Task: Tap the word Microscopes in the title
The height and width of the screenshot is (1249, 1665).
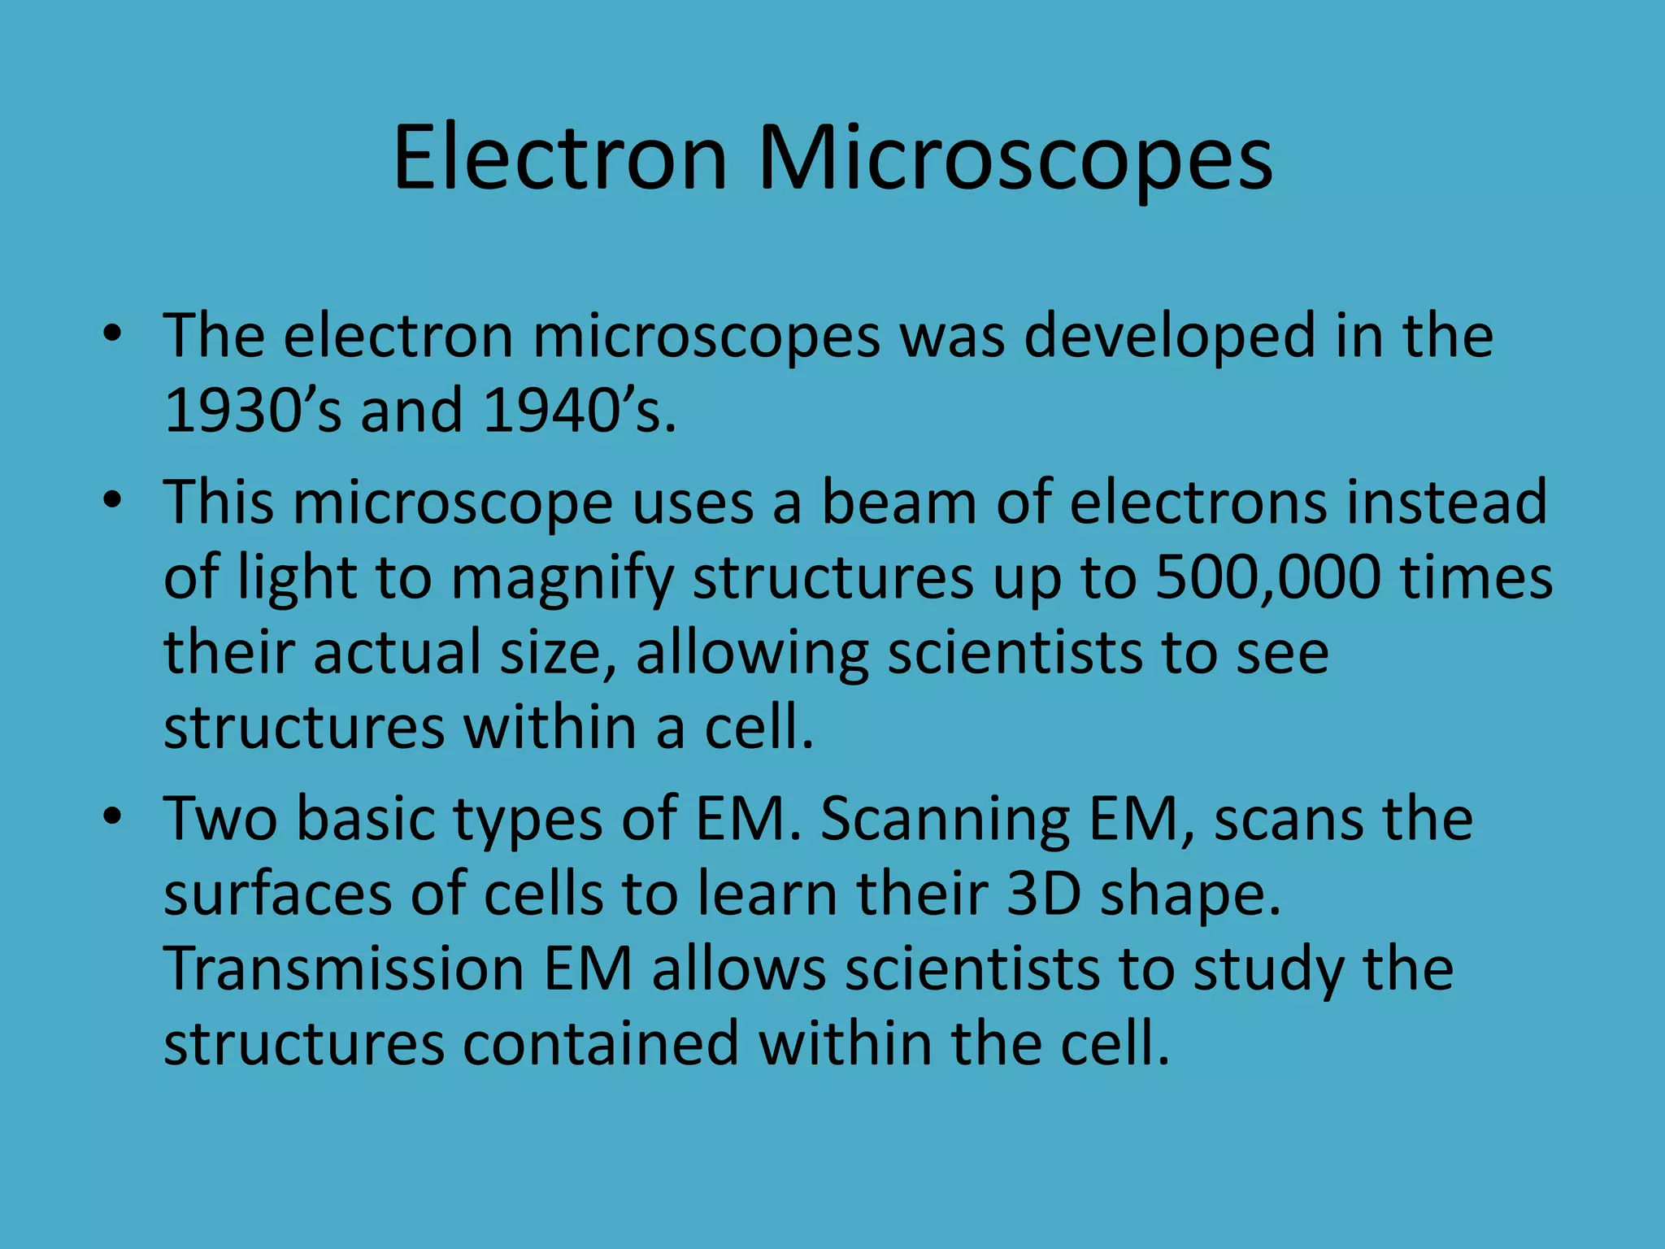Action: pos(1015,159)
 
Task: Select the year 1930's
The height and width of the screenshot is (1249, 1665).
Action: pos(253,410)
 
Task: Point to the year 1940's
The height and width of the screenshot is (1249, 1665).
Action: pos(578,410)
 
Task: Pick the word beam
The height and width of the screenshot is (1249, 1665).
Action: pos(899,502)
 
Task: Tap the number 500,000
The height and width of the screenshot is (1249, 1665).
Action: pos(1267,577)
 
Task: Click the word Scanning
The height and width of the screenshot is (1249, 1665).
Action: pos(945,819)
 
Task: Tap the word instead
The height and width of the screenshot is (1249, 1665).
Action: pos(1447,502)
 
